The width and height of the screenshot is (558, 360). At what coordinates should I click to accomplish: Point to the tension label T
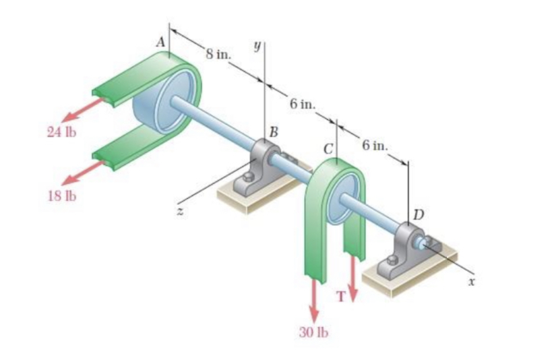(343, 297)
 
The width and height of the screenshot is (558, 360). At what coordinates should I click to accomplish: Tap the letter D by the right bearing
(418, 215)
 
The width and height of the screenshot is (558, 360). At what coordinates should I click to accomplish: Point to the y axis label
(256, 45)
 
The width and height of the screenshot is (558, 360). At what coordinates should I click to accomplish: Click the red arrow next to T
(352, 276)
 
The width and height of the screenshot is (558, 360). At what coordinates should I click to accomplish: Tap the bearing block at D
(404, 253)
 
